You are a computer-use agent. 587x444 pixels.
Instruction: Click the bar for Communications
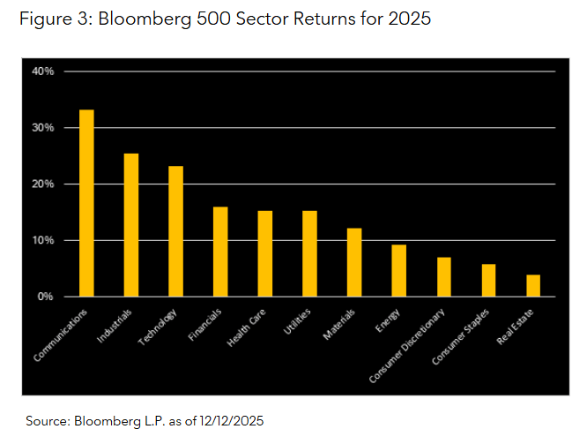tap(86, 203)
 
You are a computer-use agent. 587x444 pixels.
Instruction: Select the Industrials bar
tap(131, 225)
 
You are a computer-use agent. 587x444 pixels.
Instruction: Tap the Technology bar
tap(175, 231)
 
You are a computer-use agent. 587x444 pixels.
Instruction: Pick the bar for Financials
tap(220, 252)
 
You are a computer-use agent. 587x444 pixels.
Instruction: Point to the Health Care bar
tap(265, 253)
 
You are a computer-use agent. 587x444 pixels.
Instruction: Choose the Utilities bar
tap(309, 253)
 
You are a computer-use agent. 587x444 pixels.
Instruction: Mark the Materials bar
tap(353, 262)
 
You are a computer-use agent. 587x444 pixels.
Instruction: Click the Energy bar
tap(398, 270)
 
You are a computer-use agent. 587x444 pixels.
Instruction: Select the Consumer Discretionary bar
tap(443, 277)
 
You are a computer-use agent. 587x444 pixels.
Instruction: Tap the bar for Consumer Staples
tap(488, 281)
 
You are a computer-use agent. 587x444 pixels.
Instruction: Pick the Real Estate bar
tap(532, 286)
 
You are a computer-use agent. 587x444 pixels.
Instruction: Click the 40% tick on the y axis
tap(43, 71)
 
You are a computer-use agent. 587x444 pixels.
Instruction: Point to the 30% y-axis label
tap(43, 127)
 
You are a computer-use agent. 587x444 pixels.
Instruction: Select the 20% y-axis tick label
tap(43, 184)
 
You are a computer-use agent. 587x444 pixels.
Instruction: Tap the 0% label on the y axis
tap(47, 297)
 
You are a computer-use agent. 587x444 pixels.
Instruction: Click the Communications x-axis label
tap(63, 335)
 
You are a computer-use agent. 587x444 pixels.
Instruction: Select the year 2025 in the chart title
tap(407, 19)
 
